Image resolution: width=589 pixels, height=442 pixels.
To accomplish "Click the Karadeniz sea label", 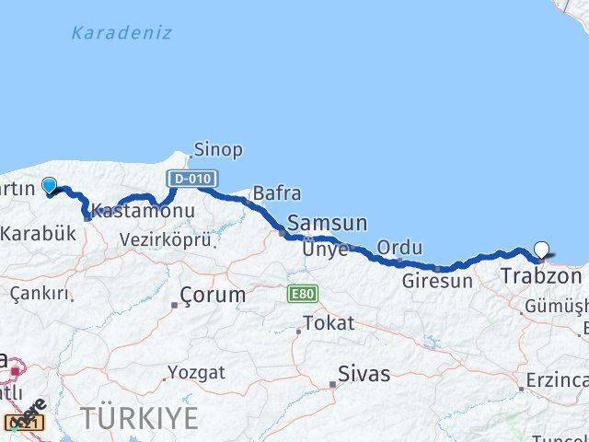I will [121, 33].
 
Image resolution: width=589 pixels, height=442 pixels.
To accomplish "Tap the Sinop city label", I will [218, 149].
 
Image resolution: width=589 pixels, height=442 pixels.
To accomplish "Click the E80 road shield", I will [301, 294].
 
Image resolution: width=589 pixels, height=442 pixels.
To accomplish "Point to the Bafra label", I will [277, 193].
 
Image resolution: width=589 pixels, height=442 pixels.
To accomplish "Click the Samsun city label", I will [328, 224].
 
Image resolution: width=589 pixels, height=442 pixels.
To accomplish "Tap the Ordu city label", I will [400, 248].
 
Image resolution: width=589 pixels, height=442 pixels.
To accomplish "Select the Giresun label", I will [437, 281].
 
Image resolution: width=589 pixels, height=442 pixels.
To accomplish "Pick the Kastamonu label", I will [144, 212].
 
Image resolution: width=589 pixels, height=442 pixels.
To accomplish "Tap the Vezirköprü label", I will [166, 239].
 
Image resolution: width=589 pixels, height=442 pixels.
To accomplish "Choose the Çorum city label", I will [213, 296].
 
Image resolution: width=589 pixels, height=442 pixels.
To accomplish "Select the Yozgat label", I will [196, 373].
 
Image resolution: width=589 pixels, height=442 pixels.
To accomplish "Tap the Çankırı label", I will [40, 294].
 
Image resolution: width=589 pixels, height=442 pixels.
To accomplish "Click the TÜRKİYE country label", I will [139, 417].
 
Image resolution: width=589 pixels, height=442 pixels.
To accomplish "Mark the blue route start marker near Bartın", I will [50, 185].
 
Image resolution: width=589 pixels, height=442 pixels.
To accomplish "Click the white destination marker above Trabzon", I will [542, 250].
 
